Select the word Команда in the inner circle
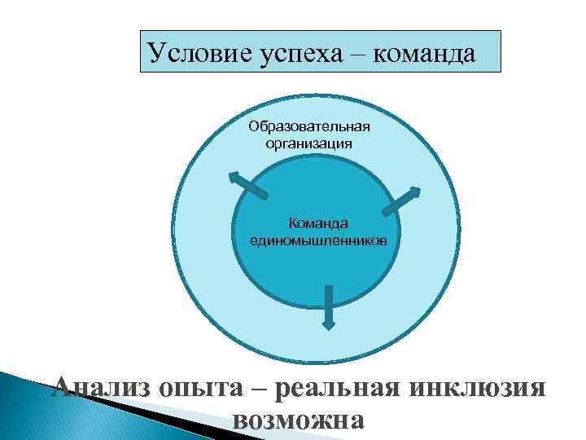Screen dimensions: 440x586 (x=319, y=222)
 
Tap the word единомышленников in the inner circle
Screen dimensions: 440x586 (x=319, y=241)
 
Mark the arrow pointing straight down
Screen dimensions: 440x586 (x=328, y=306)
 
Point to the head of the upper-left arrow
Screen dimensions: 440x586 (x=234, y=176)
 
